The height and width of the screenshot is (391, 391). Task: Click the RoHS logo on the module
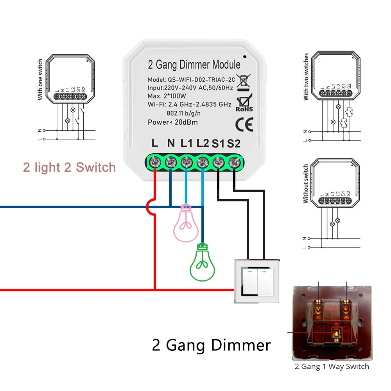244,104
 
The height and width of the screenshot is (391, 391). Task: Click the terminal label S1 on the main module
218,143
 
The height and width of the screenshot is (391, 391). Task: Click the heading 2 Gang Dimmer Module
194,65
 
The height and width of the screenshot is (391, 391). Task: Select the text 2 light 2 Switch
70,168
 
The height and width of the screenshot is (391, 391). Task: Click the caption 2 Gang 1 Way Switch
332,366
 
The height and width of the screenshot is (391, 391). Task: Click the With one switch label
40,79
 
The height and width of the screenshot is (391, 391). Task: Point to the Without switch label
306,183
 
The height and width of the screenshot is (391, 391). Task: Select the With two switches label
306,76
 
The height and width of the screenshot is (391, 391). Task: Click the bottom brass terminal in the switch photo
335,334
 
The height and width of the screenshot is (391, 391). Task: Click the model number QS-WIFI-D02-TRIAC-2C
202,79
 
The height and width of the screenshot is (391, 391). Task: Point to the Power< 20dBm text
173,122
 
